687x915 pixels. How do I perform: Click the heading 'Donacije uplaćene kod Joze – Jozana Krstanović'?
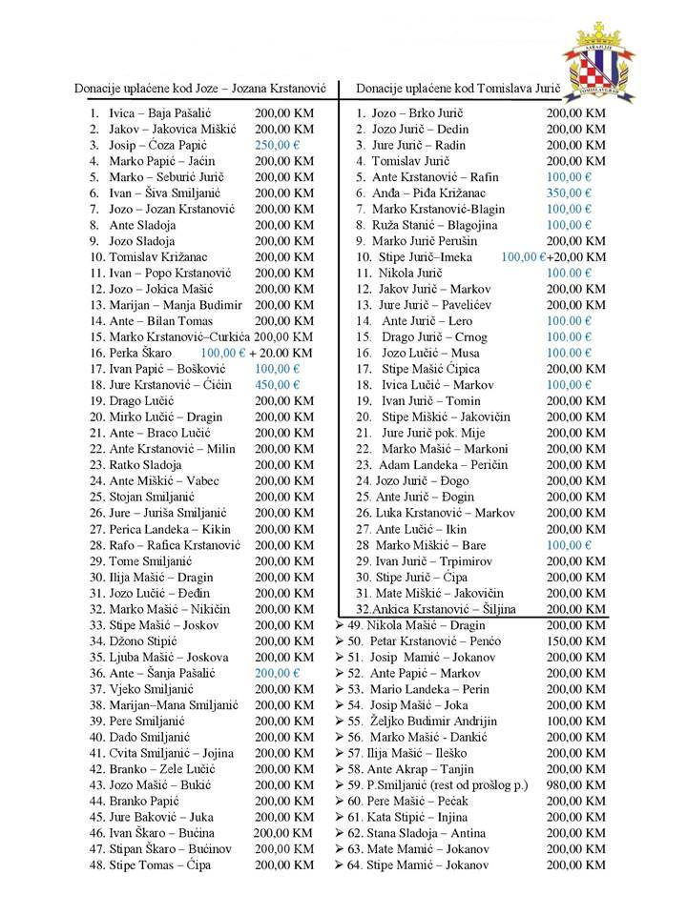pos(200,89)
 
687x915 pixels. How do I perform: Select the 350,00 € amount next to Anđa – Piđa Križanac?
pos(574,193)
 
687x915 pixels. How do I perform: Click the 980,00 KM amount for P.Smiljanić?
pos(577,784)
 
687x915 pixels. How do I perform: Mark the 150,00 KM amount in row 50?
pos(577,640)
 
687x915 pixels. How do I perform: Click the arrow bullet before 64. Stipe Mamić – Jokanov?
pos(341,864)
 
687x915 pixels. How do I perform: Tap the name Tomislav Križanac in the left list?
pos(162,256)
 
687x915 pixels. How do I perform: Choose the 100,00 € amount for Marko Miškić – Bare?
pos(574,544)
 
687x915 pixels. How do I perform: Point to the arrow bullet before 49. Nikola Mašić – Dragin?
pos(341,624)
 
